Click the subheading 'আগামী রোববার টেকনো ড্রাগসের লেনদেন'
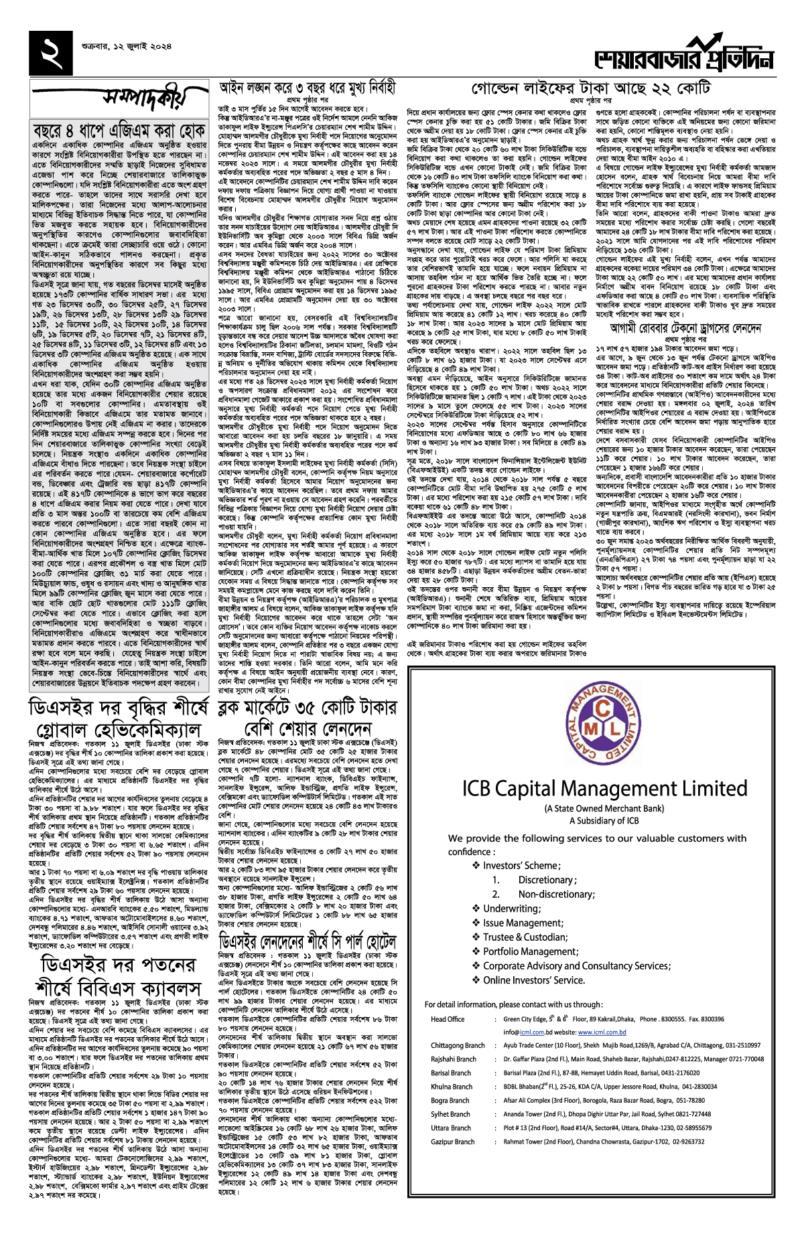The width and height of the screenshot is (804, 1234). tap(685, 328)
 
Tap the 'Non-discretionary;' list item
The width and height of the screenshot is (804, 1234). tap(556, 894)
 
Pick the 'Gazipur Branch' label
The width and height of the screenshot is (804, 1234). tap(452, 1142)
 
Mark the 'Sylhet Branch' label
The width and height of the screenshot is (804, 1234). tap(450, 1114)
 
